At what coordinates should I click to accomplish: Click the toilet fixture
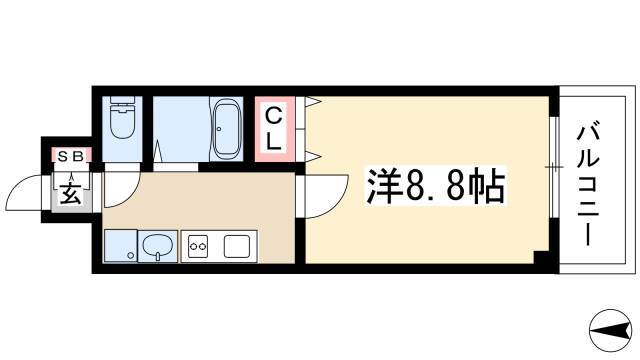pos(122,118)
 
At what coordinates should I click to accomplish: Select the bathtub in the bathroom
pos(226,129)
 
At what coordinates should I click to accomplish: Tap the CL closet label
pos(273,129)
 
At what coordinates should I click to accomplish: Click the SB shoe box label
pos(71,156)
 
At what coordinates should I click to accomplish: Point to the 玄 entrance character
pos(71,193)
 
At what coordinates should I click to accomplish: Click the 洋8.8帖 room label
pos(436,187)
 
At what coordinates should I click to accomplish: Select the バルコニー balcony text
pos(588,186)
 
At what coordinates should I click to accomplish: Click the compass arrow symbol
pos(610,331)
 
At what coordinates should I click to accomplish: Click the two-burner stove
pos(198,246)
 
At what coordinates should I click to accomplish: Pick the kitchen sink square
pos(236,247)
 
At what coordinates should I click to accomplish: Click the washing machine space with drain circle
pos(120,246)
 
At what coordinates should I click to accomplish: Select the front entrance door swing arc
pos(23,193)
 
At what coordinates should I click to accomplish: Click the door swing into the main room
pos(327,196)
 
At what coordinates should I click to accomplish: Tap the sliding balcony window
pos(553,167)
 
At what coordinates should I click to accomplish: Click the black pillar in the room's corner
pos(541,258)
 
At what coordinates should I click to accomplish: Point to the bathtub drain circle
pos(219,129)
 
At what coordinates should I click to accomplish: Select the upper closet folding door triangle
pos(311,102)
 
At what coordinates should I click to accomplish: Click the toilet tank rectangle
pos(122,100)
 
